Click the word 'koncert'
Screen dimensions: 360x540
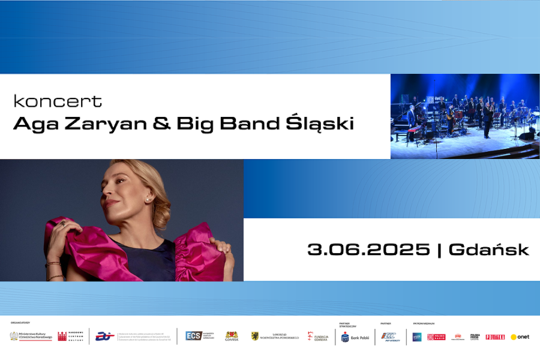coord(58,101)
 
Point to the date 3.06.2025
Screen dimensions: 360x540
coord(368,250)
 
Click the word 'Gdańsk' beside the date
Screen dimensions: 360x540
coord(488,250)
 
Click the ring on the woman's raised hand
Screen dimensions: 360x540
coord(62,224)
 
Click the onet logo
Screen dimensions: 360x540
coord(520,337)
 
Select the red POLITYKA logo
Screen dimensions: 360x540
coord(495,337)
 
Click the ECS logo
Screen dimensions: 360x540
coord(199,336)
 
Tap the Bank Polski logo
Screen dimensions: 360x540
coord(355,337)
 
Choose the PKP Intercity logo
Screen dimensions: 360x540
coord(390,337)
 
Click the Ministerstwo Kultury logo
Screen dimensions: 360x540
coord(31,336)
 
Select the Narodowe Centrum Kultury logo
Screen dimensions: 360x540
coord(71,336)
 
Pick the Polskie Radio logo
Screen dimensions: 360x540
coord(436,337)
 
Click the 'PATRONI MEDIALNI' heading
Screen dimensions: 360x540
coord(424,323)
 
